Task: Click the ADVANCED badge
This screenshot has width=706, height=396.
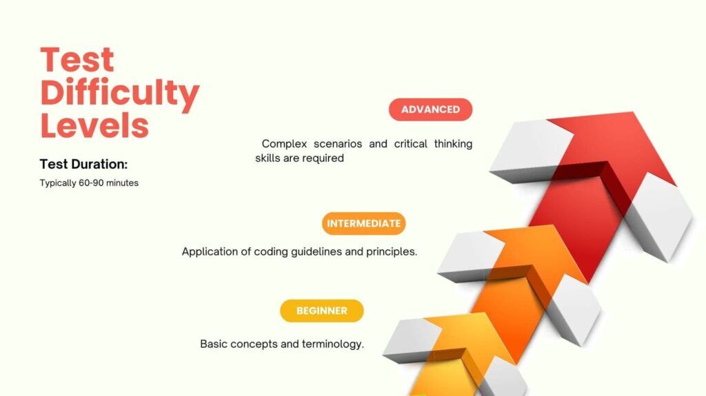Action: [x=430, y=110]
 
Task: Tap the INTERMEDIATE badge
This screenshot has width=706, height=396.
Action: [x=364, y=223]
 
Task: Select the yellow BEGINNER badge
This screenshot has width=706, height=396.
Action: [x=321, y=311]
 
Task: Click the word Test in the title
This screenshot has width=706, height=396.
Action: [x=77, y=60]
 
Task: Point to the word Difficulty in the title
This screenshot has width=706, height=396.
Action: [x=120, y=93]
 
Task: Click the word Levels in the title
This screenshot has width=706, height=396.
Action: [x=94, y=125]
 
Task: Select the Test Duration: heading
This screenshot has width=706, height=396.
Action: [x=83, y=164]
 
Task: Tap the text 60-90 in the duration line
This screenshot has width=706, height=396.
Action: [x=91, y=183]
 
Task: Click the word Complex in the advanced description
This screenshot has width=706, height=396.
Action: [x=284, y=144]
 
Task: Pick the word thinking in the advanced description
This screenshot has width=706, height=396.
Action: [x=453, y=143]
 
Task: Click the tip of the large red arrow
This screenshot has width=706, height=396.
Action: [x=633, y=112]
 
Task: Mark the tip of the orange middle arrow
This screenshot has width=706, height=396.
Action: [x=552, y=225]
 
